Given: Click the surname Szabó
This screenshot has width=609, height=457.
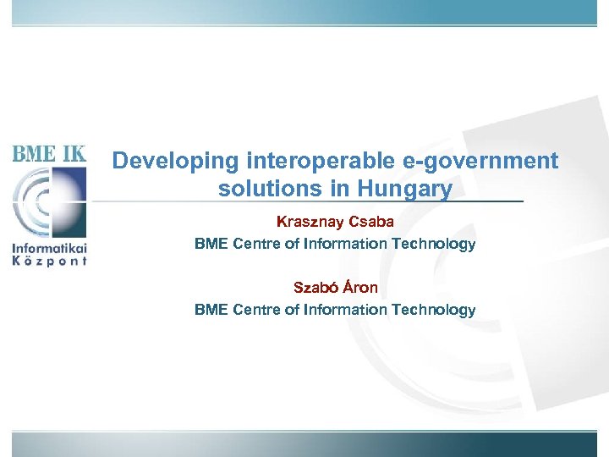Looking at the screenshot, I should click(x=314, y=288).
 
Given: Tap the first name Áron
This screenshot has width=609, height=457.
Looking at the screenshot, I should click(x=359, y=288).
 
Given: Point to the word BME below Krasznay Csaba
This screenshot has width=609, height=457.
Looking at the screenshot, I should click(x=211, y=245).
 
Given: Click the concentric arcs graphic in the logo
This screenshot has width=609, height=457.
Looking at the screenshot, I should click(x=48, y=202).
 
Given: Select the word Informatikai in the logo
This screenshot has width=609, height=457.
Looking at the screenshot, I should click(x=49, y=248).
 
